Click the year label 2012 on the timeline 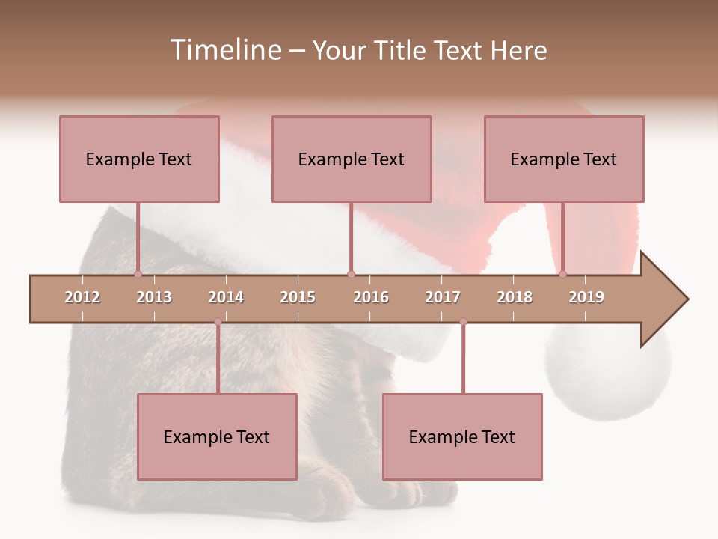[x=82, y=297]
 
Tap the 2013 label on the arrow [x=154, y=297]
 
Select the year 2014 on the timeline [x=226, y=297]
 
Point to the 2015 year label [x=298, y=297]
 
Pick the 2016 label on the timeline [x=371, y=297]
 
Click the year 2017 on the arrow [x=443, y=297]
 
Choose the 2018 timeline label [x=515, y=297]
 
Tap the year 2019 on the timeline [x=586, y=297]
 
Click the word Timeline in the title [x=224, y=50]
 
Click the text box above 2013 [x=139, y=159]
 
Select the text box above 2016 [x=352, y=159]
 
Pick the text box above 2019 [x=564, y=159]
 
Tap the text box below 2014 [x=217, y=436]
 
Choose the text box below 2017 [x=462, y=436]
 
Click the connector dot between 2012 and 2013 [x=138, y=275]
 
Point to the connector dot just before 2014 [x=218, y=322]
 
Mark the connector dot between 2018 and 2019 [x=562, y=275]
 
